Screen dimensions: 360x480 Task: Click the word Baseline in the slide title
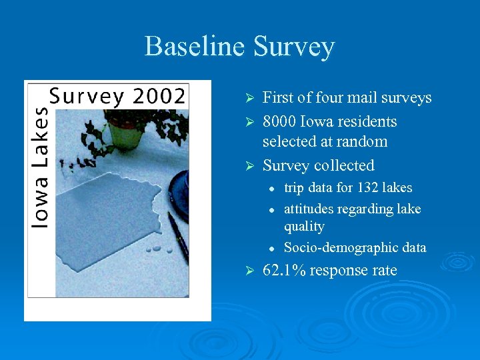tap(195, 47)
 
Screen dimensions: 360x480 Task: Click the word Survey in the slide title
tap(294, 47)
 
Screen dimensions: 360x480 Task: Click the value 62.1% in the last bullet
tap(283, 270)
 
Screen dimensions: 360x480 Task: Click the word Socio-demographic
tap(335, 247)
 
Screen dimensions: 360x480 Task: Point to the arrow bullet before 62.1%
tap(247, 271)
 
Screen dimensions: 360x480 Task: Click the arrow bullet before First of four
tap(247, 99)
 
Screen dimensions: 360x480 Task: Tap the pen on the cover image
tap(177, 237)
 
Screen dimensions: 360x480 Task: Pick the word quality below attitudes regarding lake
tap(304, 227)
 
